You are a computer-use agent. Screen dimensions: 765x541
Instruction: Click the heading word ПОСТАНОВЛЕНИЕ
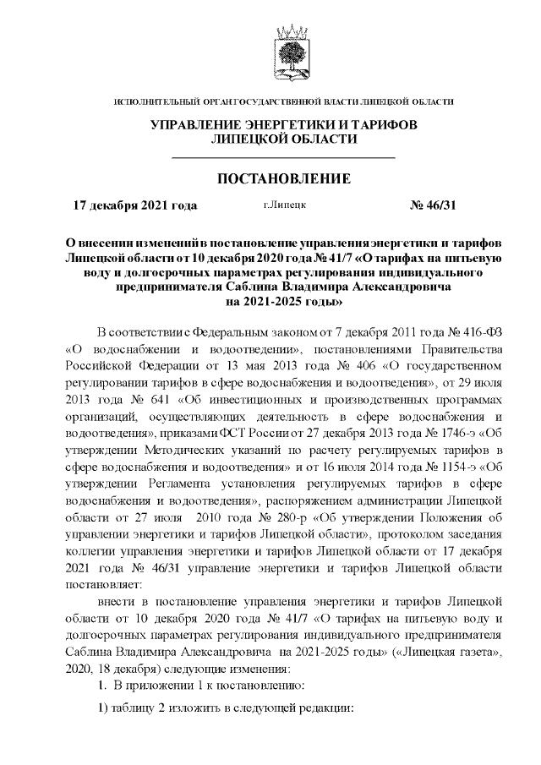pos(284,179)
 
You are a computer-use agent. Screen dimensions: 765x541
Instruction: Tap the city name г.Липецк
pos(284,205)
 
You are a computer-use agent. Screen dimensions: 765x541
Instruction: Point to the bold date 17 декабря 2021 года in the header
pos(134,205)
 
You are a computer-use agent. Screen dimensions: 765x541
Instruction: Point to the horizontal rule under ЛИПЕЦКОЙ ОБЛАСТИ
pos(283,157)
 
